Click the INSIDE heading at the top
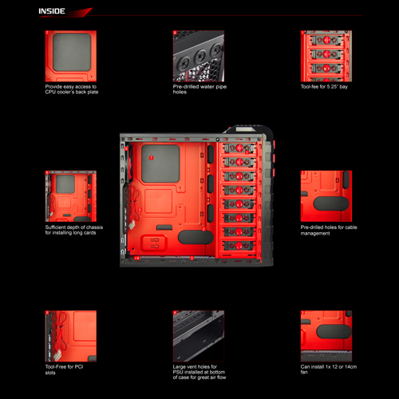52,11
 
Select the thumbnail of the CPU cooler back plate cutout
71,56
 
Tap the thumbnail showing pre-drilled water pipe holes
199,56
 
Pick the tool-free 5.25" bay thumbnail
326,56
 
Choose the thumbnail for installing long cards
71,196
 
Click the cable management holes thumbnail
326,196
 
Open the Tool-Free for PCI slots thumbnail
71,336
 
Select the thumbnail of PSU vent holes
199,336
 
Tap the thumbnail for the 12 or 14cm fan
326,336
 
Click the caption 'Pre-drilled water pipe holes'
199,89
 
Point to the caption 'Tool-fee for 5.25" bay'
324,87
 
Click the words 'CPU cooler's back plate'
72,92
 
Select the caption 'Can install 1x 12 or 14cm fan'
329,369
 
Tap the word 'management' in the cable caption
315,234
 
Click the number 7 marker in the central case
151,158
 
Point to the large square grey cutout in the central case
160,164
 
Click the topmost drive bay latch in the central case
239,148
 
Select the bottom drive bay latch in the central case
239,246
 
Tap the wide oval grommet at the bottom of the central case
196,237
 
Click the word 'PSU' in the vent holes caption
178,372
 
